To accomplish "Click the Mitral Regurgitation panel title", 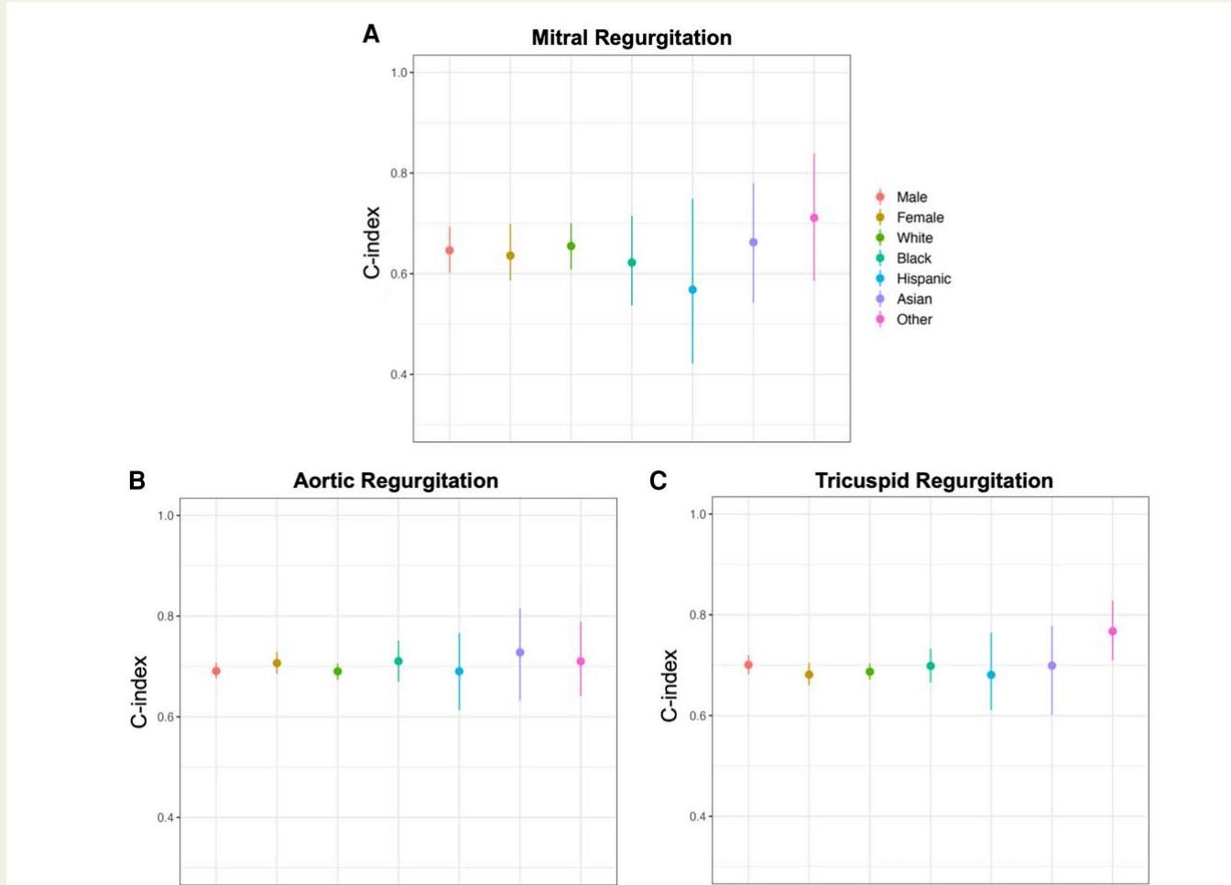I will tap(631, 38).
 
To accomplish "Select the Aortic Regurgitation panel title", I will tap(396, 481).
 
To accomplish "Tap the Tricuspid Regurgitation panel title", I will tap(933, 481).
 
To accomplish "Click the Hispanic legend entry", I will tap(923, 279).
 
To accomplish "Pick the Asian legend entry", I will tap(914, 299).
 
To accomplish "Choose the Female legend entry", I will tap(920, 218).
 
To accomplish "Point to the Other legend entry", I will tap(914, 319).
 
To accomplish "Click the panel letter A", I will tap(371, 35).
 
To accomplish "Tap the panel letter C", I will tap(658, 480).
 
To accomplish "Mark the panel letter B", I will tap(137, 480).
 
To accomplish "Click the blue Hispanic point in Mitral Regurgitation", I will tap(692, 290).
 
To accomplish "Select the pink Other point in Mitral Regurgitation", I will tap(814, 218).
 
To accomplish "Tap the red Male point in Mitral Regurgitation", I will tap(450, 251).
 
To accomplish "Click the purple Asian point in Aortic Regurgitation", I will tap(520, 653).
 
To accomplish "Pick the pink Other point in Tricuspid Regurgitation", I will tap(1113, 631).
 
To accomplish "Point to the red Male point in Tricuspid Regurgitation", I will tap(748, 665).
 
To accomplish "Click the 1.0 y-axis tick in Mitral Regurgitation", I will tap(399, 73).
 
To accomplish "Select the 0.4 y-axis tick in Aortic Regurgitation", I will tap(166, 818).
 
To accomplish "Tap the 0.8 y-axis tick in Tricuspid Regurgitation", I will tap(698, 615).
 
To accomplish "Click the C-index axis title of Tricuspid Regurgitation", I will tap(670, 685).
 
